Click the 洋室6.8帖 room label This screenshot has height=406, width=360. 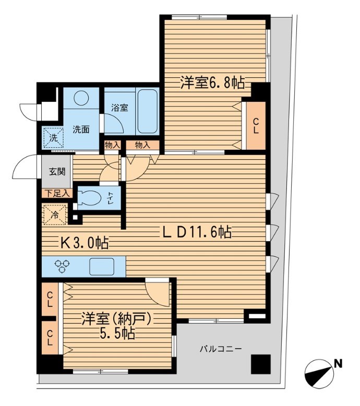coord(212,82)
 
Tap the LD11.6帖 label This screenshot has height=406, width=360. coord(195,232)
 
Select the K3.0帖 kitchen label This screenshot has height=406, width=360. coord(83,243)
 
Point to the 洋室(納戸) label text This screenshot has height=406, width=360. coord(118,318)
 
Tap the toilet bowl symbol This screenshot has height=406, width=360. coord(90,197)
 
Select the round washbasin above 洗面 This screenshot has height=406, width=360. coord(81,98)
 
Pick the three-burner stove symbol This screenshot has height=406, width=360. coord(64,267)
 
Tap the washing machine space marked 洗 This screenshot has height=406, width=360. coord(53,138)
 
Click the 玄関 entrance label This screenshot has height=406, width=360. coord(57,170)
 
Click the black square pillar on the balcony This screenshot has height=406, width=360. coord(261,364)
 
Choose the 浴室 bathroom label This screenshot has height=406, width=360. coord(119,108)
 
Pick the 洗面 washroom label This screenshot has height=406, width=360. coord(80,129)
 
